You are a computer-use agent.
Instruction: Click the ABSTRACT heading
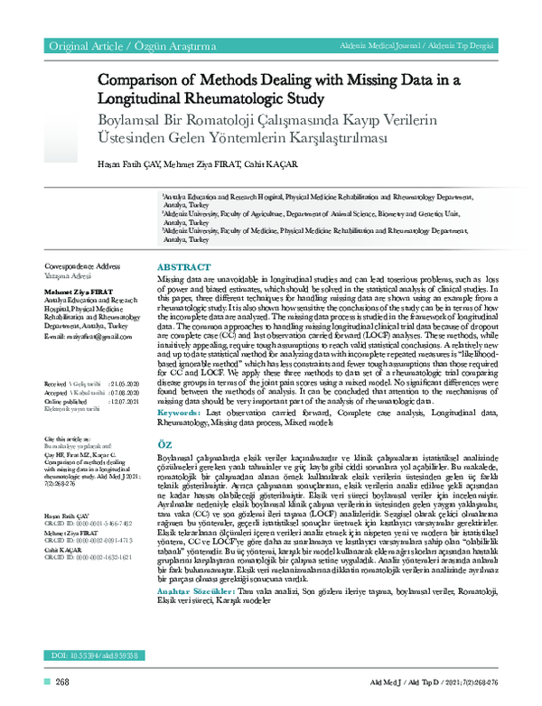pyautogui.click(x=184, y=268)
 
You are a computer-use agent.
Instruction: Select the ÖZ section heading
pyautogui.click(x=165, y=446)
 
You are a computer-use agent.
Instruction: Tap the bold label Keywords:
pyautogui.click(x=182, y=412)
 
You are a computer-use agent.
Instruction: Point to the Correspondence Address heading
pyautogui.click(x=82, y=267)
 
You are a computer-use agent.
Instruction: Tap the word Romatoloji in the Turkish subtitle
pyautogui.click(x=281, y=121)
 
